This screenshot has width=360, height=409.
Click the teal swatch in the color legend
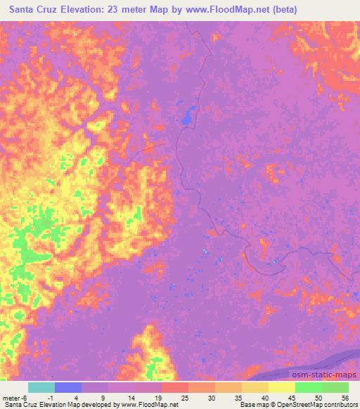tap(41, 387)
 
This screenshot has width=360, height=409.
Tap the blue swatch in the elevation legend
tap(68, 387)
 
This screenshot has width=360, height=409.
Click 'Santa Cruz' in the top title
tap(32, 10)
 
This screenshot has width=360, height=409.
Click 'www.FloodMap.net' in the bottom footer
tap(148, 405)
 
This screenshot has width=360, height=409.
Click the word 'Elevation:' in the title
tap(84, 10)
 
